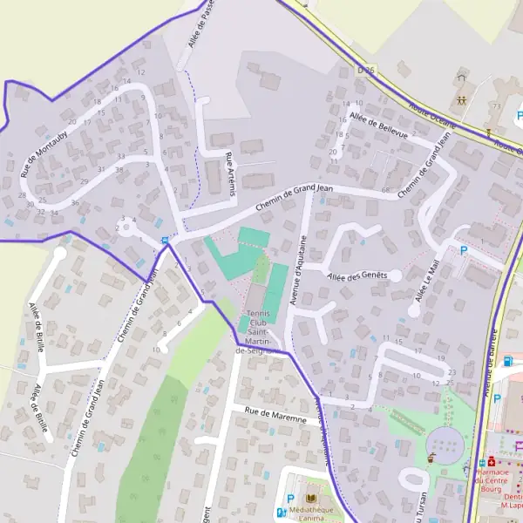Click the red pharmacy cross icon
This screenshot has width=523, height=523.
(x=491, y=462)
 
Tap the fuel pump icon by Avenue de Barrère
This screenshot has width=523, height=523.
(x=509, y=362)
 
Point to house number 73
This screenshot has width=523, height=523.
(x=495, y=105)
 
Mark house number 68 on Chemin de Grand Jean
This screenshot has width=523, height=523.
(x=385, y=190)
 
